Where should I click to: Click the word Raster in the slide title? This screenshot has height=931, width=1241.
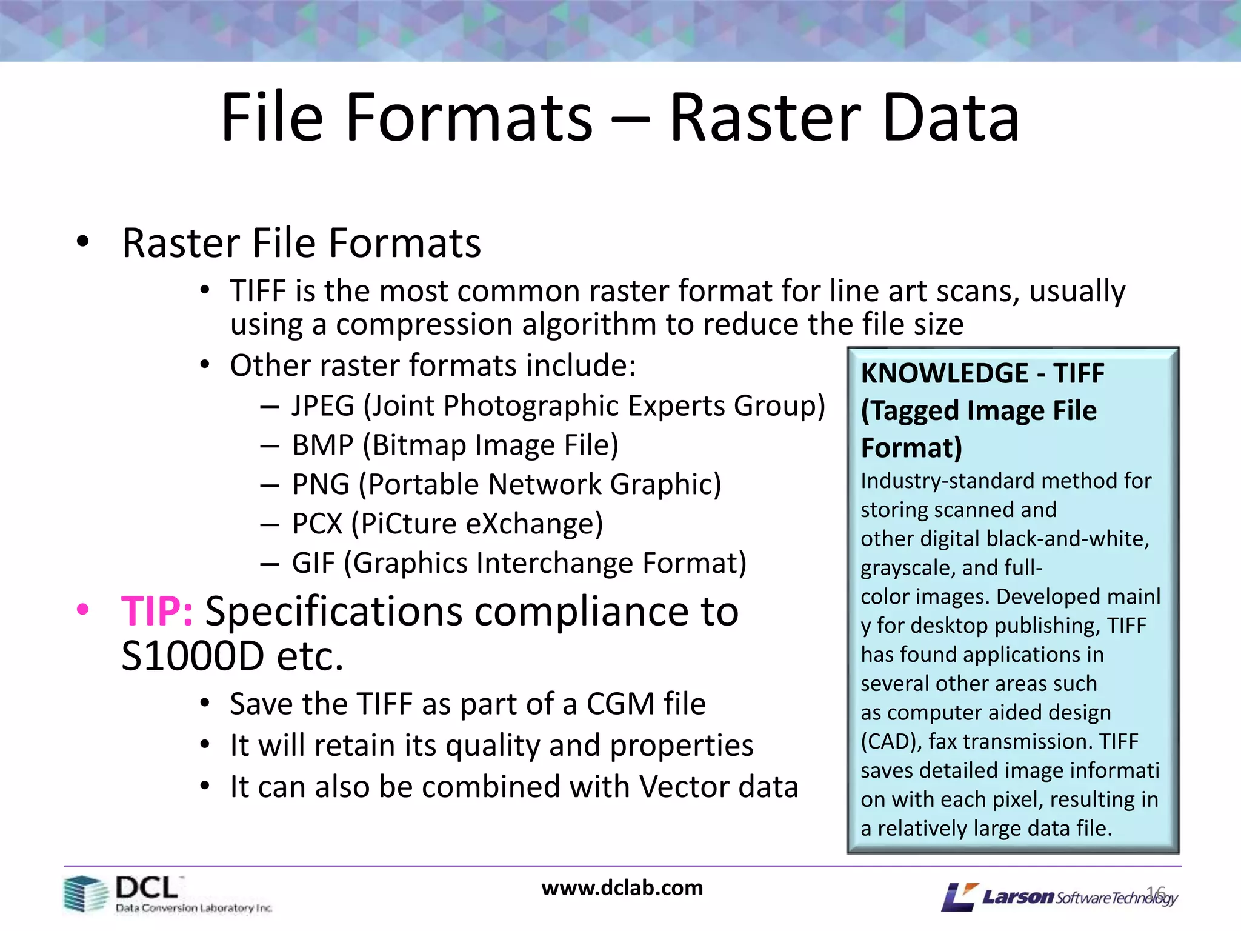(765, 118)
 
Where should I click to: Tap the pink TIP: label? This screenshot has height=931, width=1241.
(157, 611)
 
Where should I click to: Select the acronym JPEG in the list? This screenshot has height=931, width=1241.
(322, 405)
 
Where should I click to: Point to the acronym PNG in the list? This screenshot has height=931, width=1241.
(321, 484)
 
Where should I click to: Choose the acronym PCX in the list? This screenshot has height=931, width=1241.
(317, 524)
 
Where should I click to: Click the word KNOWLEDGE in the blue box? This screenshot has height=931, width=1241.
(944, 373)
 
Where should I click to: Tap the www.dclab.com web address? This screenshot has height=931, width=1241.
(622, 888)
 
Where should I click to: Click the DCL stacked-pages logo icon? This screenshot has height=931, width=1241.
(85, 893)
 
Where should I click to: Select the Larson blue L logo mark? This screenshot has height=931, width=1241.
(959, 897)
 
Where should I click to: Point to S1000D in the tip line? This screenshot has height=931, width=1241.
(193, 656)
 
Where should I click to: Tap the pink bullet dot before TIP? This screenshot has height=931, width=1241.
(83, 609)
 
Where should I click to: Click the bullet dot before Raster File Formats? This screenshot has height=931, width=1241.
(83, 242)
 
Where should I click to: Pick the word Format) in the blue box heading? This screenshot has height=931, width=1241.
(911, 448)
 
